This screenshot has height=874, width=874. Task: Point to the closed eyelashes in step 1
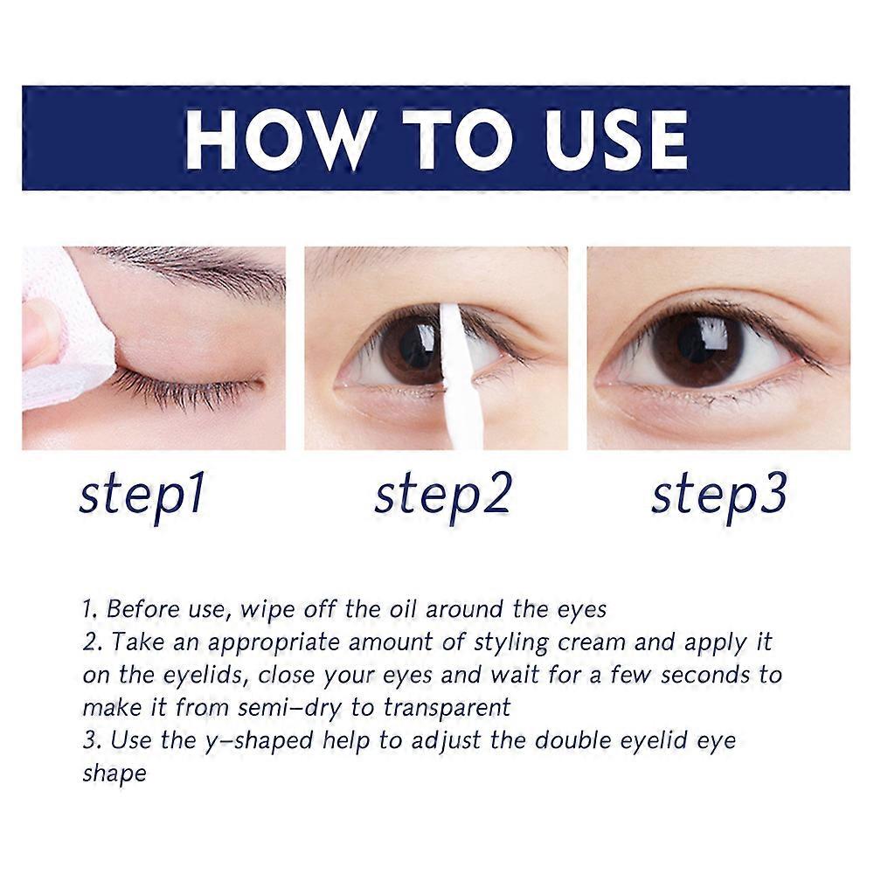[x=184, y=385]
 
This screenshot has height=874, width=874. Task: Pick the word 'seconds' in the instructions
[x=705, y=675]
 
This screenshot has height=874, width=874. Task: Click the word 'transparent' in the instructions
[x=447, y=709]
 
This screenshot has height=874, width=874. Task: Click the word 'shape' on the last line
[x=114, y=774]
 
